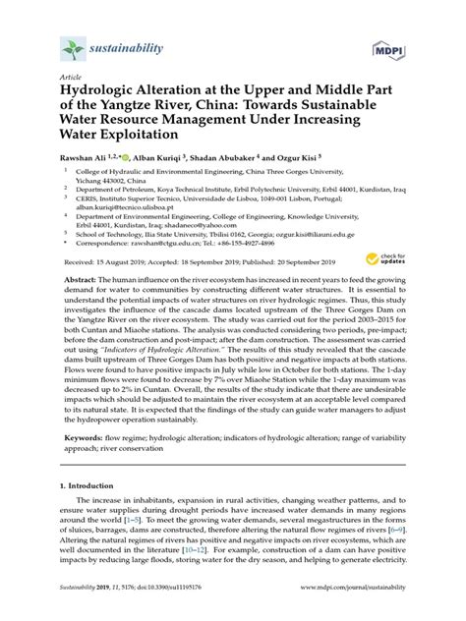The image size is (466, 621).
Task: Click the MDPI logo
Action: coord(392,47)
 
